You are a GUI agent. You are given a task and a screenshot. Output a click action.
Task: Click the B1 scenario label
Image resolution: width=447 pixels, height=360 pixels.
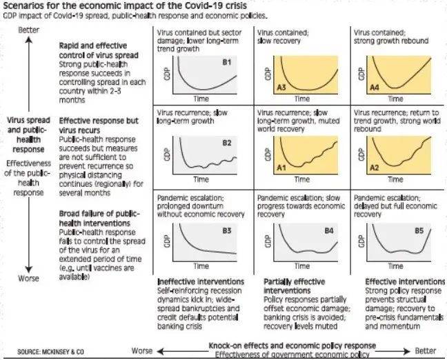pos(227,62)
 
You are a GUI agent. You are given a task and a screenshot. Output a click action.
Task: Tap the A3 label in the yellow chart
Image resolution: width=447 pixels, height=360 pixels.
pos(281,87)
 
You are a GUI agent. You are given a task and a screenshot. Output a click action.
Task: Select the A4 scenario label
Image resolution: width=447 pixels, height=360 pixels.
pos(375,87)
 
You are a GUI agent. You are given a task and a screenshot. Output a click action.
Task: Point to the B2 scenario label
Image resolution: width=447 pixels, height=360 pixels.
pos(227,143)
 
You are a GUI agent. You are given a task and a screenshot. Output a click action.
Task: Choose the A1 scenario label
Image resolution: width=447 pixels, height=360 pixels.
pos(281,168)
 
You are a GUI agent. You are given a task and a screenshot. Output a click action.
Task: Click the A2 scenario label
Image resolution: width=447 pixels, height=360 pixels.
pos(375,168)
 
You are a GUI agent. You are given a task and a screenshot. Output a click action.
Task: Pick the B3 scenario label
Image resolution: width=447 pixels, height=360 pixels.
pos(227,230)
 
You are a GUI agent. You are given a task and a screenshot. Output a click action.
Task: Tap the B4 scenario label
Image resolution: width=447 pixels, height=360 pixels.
pos(329,230)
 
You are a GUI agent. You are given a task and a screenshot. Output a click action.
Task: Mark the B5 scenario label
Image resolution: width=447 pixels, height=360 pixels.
pos(419,230)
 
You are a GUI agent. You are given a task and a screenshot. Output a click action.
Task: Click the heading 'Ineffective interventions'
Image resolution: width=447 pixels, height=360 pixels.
pos(201,281)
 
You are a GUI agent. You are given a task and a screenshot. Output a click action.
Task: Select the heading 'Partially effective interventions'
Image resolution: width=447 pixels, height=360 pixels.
pos(294,286)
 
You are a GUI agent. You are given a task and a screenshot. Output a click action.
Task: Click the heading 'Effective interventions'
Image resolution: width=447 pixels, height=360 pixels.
pos(405,281)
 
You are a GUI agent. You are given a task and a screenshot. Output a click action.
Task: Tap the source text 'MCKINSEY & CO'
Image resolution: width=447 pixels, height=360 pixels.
pos(63,352)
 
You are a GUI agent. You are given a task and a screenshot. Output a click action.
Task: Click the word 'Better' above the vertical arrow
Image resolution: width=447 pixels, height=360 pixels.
pos(28,30)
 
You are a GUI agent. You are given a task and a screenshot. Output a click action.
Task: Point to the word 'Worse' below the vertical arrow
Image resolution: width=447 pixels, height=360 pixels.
pos(28,278)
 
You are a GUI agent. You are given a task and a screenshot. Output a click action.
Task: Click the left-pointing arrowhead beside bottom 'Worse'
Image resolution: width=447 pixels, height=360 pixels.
pos(160,351)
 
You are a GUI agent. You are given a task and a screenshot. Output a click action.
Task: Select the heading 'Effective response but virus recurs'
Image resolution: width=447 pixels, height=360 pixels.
pos(99,126)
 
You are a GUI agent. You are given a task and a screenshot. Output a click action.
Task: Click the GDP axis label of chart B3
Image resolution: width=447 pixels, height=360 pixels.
pos(167,241)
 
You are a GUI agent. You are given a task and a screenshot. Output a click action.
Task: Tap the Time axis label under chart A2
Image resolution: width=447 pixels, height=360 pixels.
pos(395,179)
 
